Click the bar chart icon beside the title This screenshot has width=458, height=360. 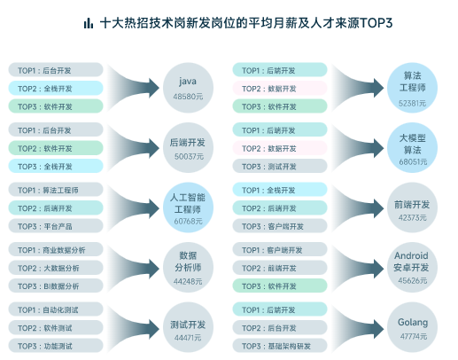pos(89,23)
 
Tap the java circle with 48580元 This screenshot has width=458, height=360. pos(188,88)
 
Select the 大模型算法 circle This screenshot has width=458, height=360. pos(412,148)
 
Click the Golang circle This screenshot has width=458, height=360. pos(412,327)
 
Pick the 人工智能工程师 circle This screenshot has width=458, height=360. pos(188,207)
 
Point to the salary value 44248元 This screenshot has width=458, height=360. pos(188,281)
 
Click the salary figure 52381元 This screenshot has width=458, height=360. pos(412,103)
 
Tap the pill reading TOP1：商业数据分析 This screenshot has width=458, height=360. pos(56,250)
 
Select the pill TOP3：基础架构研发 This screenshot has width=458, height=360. pos(280,346)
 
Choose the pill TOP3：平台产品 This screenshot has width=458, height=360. pos(56,226)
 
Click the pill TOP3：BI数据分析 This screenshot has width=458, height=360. pos(56,286)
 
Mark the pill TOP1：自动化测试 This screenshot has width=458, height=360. pos(56,309)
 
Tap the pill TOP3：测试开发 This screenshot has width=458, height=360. pos(280,166)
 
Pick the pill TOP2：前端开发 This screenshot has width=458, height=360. pos(280,268)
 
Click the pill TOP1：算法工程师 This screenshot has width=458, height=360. pos(56,190)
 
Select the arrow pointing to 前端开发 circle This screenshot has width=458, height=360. pos(357,208)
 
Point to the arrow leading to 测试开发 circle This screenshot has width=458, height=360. pos(133,328)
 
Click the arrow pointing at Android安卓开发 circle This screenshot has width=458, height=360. pos(357,268)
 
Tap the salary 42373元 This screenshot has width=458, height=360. pos(412,218)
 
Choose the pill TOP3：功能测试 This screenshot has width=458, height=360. pos(56,346)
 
